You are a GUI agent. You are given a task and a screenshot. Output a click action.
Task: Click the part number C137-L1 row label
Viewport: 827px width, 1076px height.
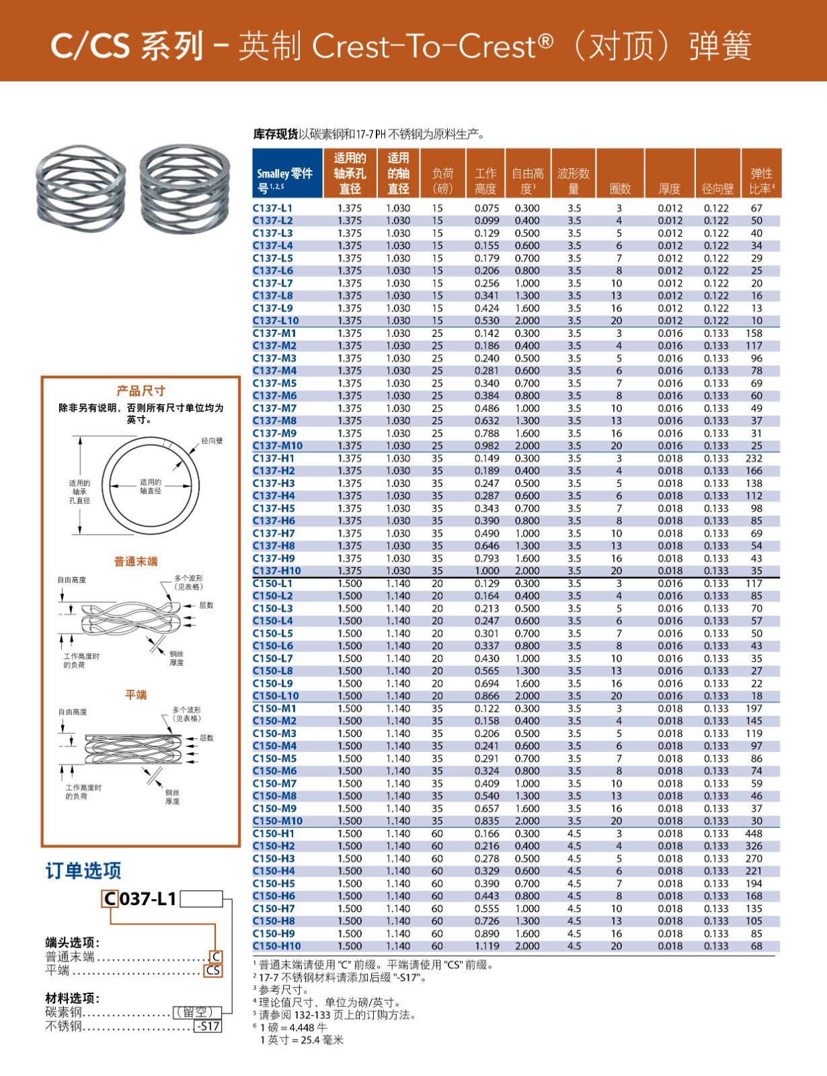[272, 208]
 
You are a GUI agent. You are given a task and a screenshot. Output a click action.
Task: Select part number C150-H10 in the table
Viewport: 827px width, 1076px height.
[276, 946]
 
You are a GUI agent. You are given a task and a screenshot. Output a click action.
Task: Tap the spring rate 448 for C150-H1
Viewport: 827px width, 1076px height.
[754, 834]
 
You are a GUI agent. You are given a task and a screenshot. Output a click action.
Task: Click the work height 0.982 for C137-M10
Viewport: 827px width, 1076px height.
[487, 446]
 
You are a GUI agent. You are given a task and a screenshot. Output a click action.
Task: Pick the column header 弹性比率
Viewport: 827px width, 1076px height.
[762, 181]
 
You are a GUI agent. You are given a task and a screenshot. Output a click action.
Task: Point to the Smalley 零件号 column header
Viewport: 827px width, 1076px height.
[284, 180]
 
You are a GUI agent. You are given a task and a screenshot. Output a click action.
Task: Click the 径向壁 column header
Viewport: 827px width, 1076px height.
[717, 189]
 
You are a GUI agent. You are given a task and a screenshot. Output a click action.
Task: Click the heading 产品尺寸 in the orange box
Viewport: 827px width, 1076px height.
[141, 391]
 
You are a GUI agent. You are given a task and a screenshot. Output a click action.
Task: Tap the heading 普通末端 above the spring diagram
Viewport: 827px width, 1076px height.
[136, 562]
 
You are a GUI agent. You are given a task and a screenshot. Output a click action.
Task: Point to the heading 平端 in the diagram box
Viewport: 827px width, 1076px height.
[136, 695]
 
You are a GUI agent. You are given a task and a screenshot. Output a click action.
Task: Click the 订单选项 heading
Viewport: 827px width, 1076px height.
[83, 871]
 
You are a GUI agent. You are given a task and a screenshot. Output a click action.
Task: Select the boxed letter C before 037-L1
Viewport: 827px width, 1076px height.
[110, 899]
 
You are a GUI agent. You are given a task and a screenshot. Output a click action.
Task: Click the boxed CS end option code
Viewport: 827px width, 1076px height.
[213, 970]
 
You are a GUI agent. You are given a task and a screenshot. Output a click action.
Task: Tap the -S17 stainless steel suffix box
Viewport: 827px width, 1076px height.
[208, 1026]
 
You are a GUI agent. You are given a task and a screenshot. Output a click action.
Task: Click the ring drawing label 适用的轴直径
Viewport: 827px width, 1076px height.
[151, 486]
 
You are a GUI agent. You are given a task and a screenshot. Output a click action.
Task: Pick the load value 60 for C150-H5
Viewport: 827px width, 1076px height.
[437, 884]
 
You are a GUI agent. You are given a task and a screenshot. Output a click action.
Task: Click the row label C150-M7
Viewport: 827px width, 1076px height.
[274, 783]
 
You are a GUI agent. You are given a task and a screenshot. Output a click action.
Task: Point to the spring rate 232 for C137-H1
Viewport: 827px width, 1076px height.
[754, 459]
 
